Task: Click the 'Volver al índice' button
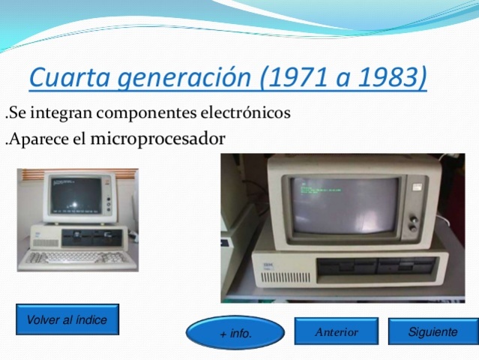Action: [67, 319]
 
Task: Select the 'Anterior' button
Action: [336, 331]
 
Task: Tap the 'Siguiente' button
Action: [433, 331]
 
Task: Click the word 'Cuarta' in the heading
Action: [65, 78]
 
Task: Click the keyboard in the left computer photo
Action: [65, 257]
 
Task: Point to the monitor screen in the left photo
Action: [74, 193]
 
